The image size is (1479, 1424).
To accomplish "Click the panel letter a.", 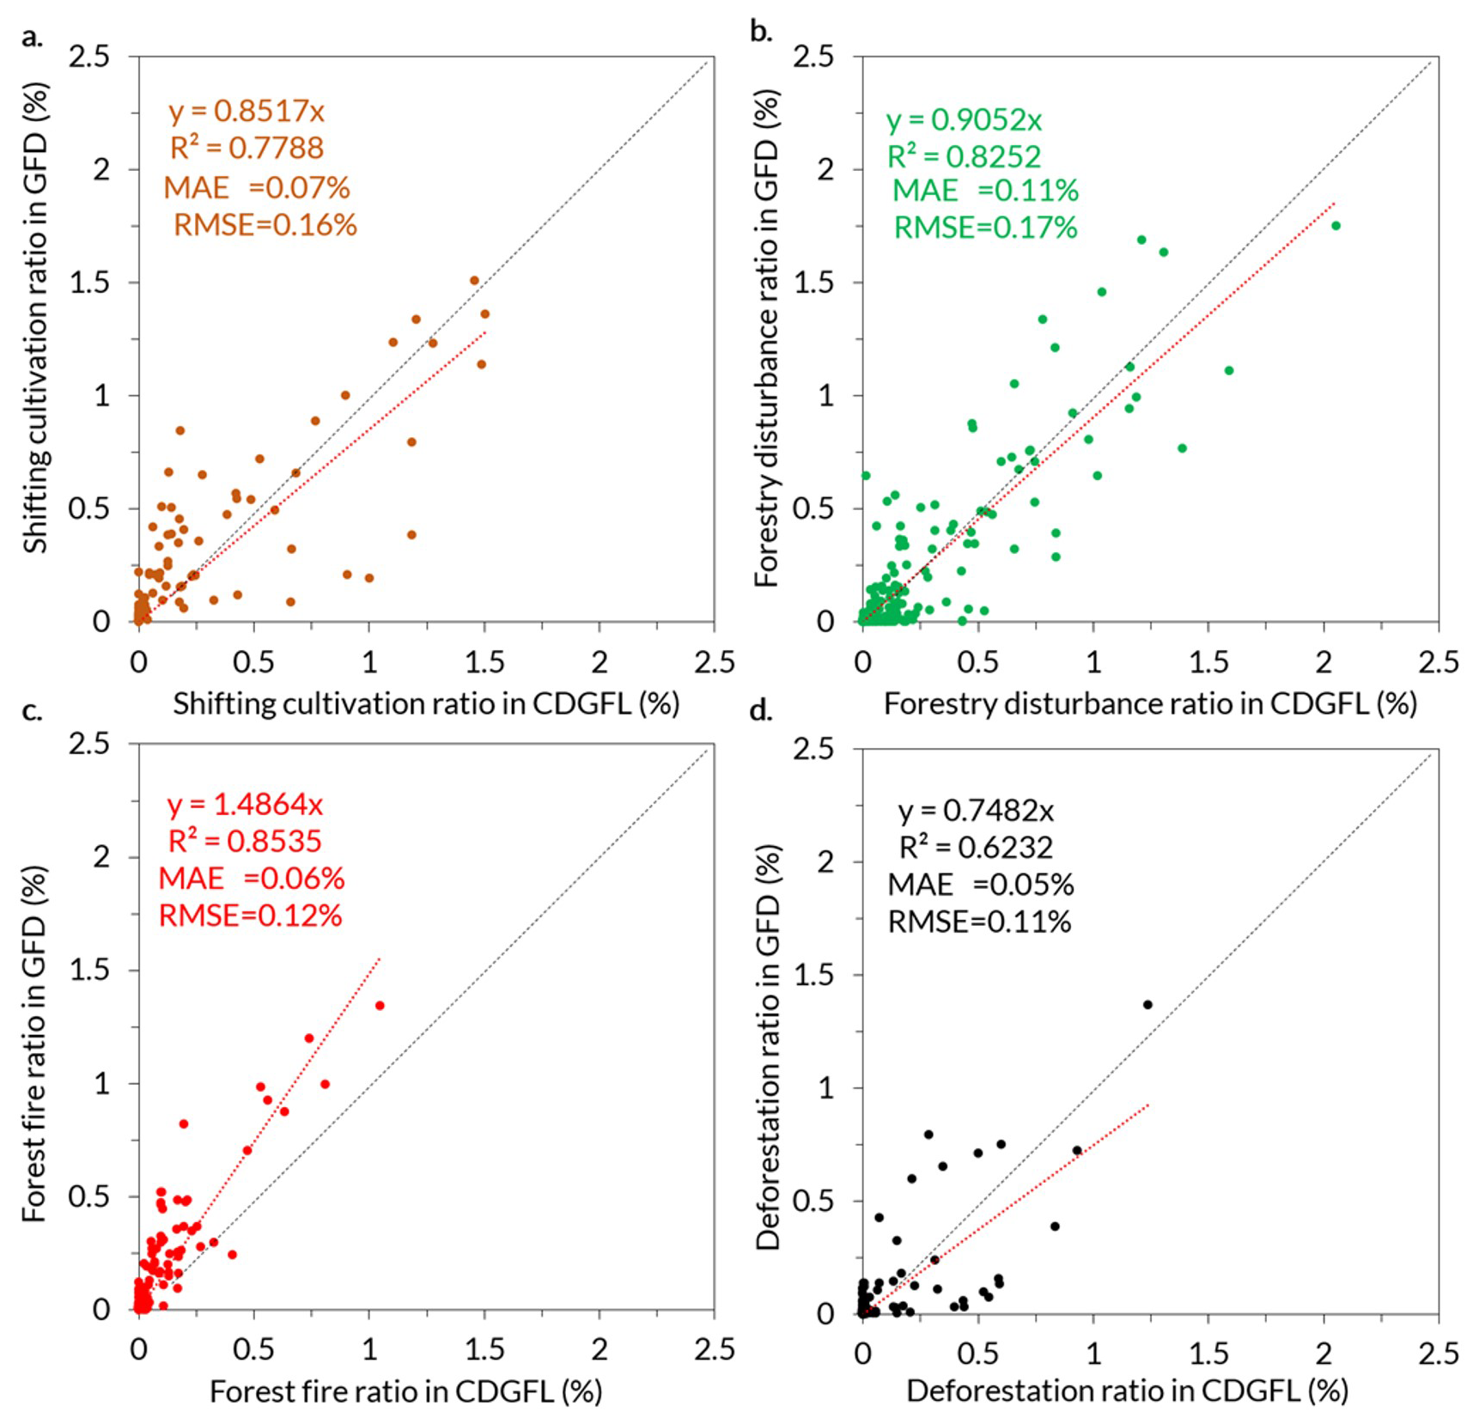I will click(x=32, y=38).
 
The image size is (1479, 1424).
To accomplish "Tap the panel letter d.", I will click(x=761, y=711).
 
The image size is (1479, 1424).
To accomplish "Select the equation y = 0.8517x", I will click(x=246, y=111).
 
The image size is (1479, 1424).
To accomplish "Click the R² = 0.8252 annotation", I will click(x=964, y=156).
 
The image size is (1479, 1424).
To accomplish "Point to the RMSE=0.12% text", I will click(x=251, y=916).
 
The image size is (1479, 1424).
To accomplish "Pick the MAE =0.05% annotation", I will click(x=981, y=885).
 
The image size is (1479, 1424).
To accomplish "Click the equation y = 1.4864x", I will click(x=245, y=804).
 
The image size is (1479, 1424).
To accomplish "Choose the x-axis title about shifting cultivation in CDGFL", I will click(x=426, y=703).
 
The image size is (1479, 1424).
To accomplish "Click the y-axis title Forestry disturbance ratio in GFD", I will click(x=766, y=339).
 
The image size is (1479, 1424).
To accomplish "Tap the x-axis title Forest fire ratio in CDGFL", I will click(x=405, y=1391).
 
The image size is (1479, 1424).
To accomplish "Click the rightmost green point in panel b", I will click(x=1336, y=226).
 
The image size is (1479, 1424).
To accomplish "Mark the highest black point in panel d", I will click(x=1147, y=1004).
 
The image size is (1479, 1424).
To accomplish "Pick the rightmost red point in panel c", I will click(x=380, y=1005).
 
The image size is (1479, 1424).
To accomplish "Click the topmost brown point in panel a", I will click(x=474, y=281).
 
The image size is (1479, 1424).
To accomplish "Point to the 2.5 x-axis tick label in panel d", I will click(x=1438, y=1354).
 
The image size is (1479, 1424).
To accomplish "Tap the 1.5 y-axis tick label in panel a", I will click(x=90, y=283).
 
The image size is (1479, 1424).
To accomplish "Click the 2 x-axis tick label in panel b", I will click(x=1324, y=662).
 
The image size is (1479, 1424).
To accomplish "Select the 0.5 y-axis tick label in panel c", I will click(x=90, y=1196).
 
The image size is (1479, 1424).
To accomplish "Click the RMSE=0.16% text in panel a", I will click(x=265, y=225).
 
